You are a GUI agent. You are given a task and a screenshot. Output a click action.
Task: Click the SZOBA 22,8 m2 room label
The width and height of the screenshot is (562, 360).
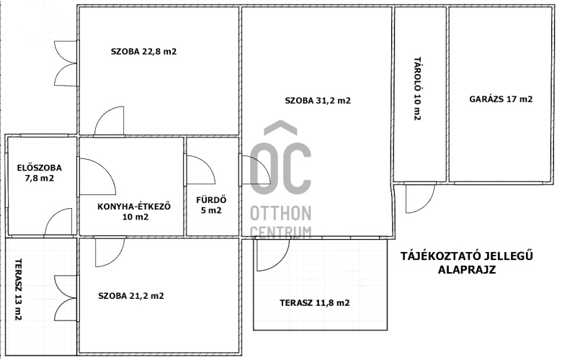point(143,52)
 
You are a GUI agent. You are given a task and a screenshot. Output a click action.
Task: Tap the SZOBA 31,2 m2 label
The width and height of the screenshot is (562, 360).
point(318,101)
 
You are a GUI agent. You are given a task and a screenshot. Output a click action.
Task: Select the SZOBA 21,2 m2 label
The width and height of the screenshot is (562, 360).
point(131,296)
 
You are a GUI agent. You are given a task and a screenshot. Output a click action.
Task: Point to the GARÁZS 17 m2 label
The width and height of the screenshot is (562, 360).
point(501,99)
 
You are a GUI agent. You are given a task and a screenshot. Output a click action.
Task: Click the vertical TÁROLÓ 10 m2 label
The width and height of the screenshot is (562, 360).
point(417,89)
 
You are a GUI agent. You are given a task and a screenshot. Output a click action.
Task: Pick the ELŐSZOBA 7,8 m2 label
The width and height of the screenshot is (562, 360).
point(40,173)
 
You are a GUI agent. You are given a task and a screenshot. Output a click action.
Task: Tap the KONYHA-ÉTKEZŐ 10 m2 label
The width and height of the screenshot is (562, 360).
point(134,212)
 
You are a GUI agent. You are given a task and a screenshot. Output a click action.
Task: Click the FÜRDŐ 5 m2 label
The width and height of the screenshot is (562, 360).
point(211,205)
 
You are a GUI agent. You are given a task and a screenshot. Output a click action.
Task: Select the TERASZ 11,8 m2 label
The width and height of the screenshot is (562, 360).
point(315,303)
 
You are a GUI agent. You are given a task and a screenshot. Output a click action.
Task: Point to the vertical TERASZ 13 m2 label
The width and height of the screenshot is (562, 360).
point(18,289)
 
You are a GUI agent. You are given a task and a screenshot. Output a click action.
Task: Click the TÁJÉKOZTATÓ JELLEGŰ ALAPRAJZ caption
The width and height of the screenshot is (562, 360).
point(467,263)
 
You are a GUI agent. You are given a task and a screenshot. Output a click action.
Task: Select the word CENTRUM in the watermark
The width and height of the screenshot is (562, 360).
point(281,232)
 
